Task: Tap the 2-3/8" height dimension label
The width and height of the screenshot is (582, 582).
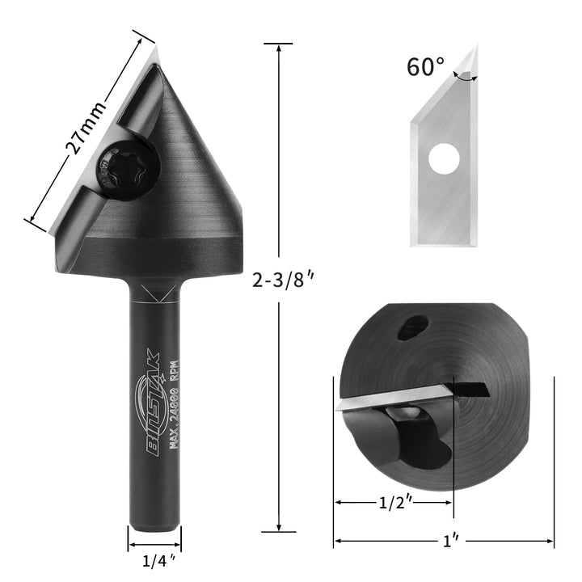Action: point(282,280)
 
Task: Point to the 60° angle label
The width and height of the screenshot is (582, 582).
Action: point(426,66)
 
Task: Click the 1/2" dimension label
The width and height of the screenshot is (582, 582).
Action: point(394,503)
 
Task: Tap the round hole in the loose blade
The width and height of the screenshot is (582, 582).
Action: point(442,158)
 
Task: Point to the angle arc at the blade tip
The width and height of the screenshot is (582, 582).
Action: point(464,78)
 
